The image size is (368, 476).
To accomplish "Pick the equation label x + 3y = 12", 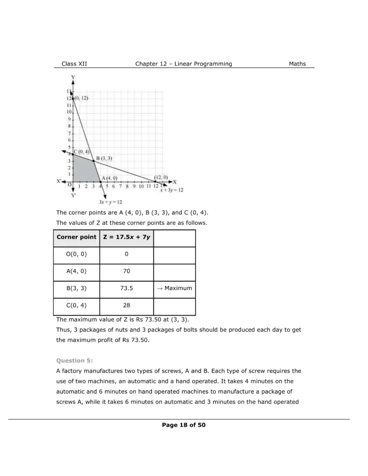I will coord(172,190).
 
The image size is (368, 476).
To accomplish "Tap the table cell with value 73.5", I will coord(127,288).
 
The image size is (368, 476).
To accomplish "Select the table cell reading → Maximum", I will coord(174,288).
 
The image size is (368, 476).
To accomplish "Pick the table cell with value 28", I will coord(127,305).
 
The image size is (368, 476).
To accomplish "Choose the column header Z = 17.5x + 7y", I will coord(127,237).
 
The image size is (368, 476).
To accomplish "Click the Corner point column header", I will coord(77,237).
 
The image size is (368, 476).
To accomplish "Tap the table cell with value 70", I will coord(127,271).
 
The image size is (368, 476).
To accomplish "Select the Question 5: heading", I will coord(71,360).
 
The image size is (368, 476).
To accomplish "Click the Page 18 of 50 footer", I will coord(184,425).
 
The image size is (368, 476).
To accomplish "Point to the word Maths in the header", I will coord(297,64).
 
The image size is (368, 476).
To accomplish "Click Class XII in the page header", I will coord(74,64).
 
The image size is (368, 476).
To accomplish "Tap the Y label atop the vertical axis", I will coord(74,77).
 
